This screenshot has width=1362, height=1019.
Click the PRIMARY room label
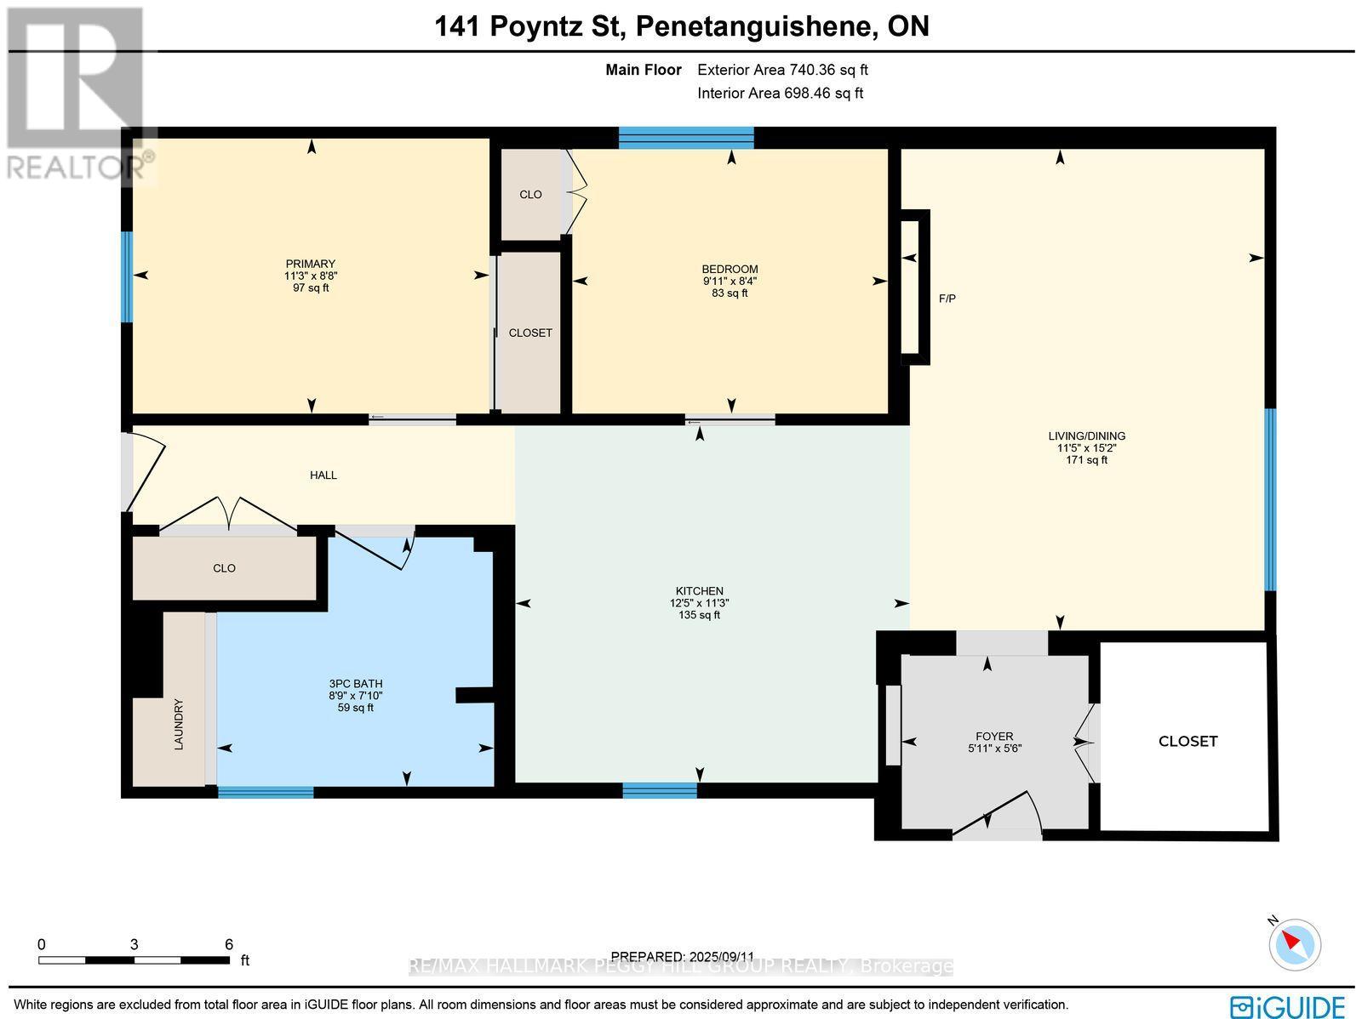[x=310, y=264]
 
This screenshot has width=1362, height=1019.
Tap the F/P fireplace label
[x=947, y=299]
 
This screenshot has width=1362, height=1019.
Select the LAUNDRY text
[x=179, y=725]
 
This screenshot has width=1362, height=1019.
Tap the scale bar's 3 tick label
[x=134, y=944]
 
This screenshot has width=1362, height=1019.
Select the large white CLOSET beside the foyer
[x=1187, y=741]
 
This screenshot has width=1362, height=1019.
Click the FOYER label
[x=994, y=737]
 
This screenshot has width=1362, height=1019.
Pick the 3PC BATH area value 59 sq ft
[x=355, y=708]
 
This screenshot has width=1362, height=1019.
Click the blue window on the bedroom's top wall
[x=685, y=137]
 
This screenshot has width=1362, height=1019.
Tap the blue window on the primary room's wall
[x=127, y=277]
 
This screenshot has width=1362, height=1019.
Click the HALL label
[x=323, y=475]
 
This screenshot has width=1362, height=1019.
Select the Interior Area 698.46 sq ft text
[x=780, y=94]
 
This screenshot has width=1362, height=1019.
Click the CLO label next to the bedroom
[x=530, y=195]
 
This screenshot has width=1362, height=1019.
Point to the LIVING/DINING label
[x=1086, y=436]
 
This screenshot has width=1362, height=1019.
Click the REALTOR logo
[x=77, y=94]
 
